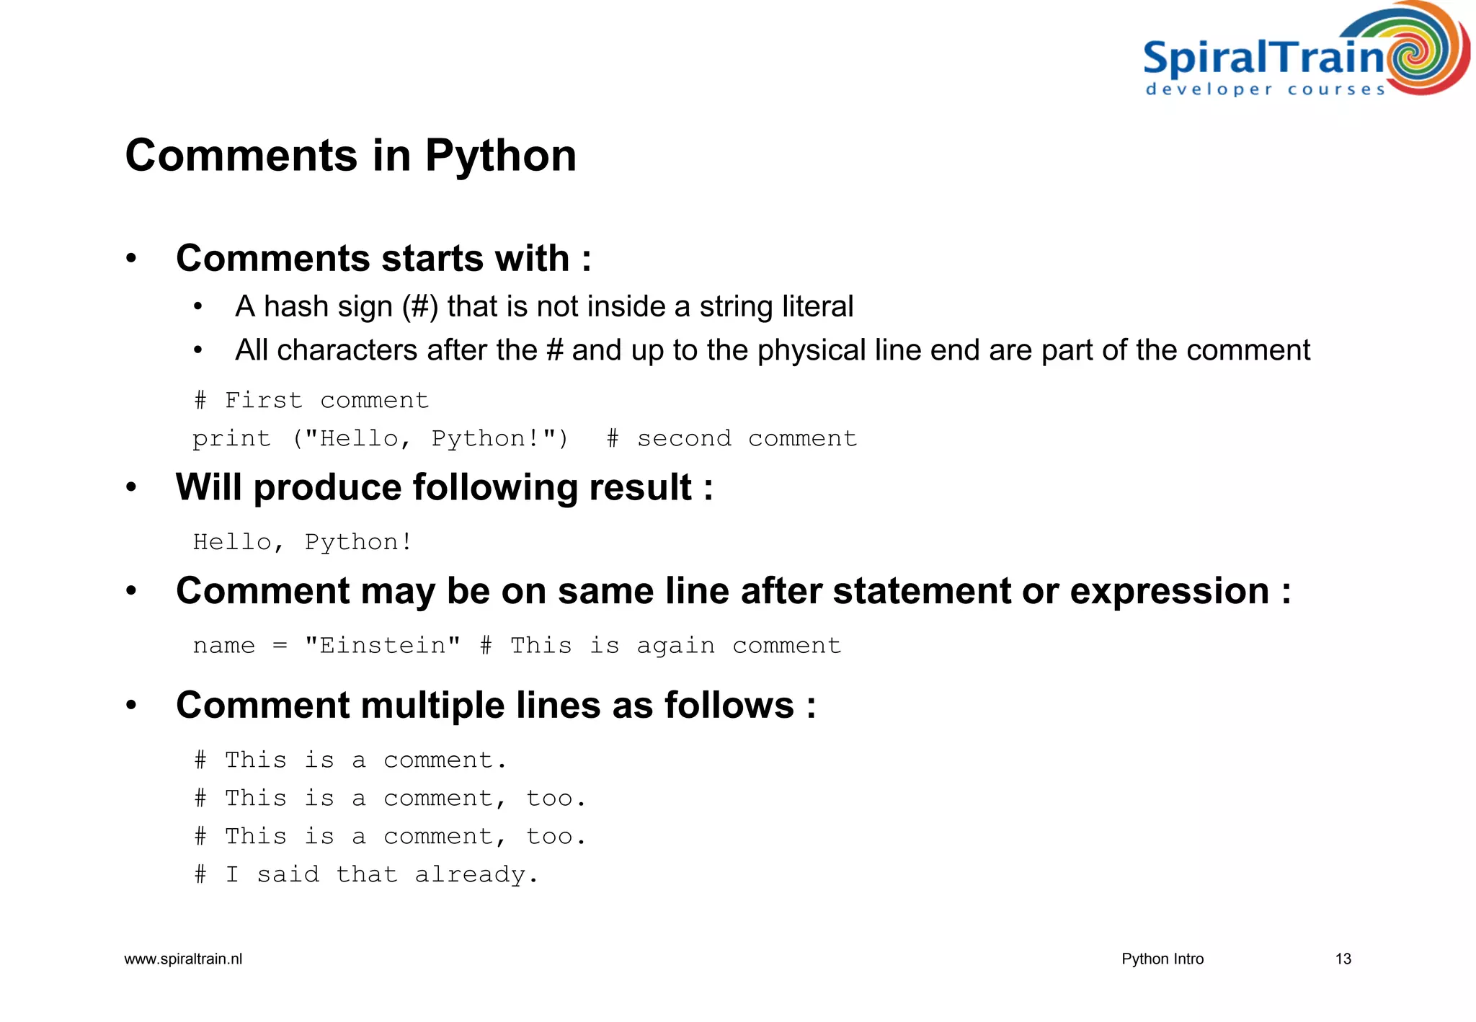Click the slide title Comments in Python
pyautogui.click(x=350, y=155)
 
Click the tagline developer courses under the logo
pyautogui.click(x=1265, y=90)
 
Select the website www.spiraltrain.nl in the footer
pyautogui.click(x=183, y=959)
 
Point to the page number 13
pyautogui.click(x=1343, y=959)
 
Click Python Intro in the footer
pyautogui.click(x=1162, y=959)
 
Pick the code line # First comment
pyautogui.click(x=311, y=400)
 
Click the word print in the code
pyautogui.click(x=231, y=438)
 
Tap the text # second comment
pyautogui.click(x=732, y=438)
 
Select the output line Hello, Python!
pyautogui.click(x=303, y=542)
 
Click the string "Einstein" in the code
pyautogui.click(x=382, y=645)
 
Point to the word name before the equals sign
pyautogui.click(x=223, y=646)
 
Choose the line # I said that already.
pyautogui.click(x=366, y=874)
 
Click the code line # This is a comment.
pyautogui.click(x=350, y=760)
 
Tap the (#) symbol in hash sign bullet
pyautogui.click(x=420, y=306)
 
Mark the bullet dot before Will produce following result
pyautogui.click(x=130, y=487)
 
